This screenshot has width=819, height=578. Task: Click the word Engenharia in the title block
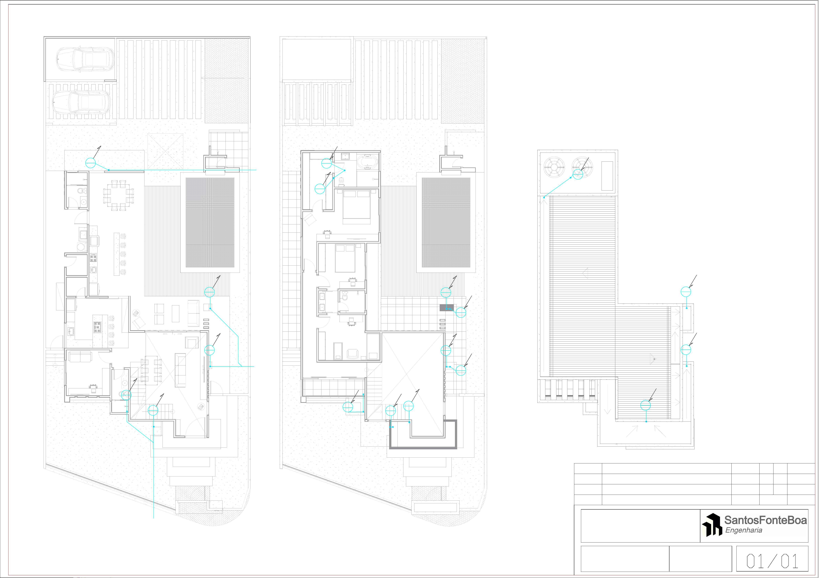pyautogui.click(x=744, y=530)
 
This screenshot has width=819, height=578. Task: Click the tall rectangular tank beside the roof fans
pyautogui.click(x=607, y=176)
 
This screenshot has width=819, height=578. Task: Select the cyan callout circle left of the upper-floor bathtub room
pyautogui.click(x=326, y=163)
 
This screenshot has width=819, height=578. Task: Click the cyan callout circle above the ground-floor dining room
pyautogui.click(x=91, y=163)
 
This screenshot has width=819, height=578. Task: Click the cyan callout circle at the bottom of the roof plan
pyautogui.click(x=645, y=405)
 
